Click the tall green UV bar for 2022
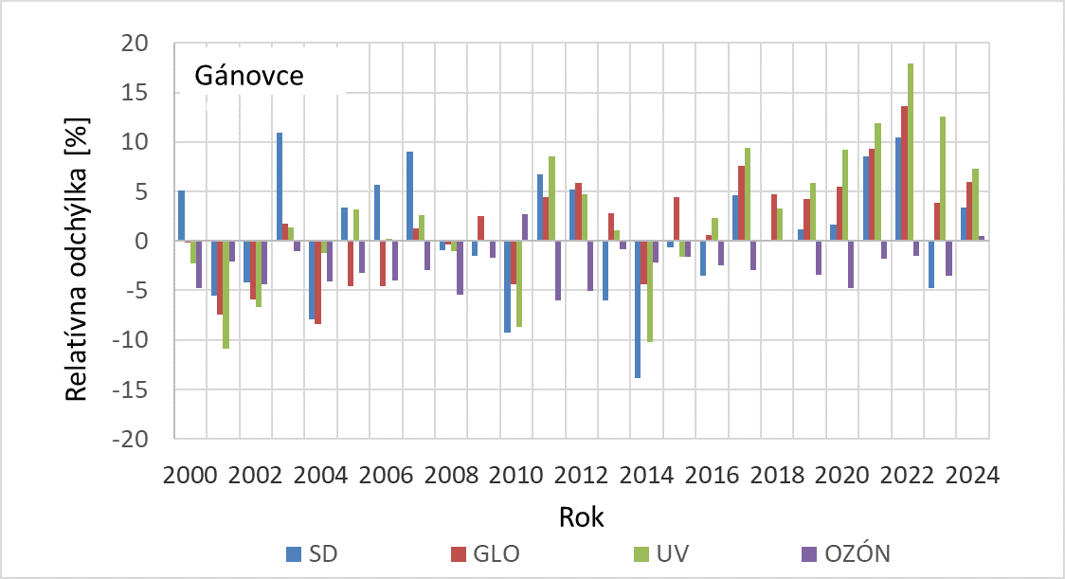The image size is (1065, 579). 911,152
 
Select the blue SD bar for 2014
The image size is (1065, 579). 638,309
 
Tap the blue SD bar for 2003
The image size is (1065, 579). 280,187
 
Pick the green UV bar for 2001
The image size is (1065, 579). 226,295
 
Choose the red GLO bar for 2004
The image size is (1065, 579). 318,282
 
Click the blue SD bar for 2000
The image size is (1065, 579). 182,216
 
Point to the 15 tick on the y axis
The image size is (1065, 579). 151,93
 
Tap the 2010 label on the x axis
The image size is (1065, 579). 516,475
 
